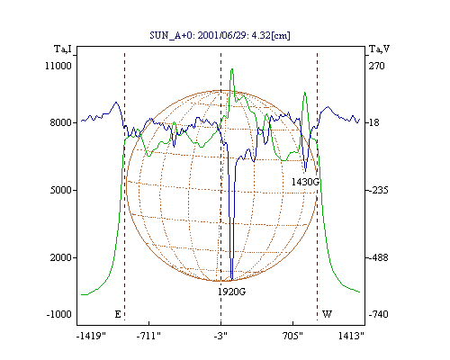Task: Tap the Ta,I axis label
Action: point(63,49)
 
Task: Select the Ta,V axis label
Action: point(379,49)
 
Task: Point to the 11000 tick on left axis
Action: point(58,66)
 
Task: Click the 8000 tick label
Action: point(60,122)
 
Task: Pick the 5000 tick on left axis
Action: point(60,190)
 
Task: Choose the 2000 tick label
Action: point(60,257)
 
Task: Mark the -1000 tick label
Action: point(59,314)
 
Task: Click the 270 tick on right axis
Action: point(376,66)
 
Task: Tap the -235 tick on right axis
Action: point(378,190)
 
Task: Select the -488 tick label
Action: point(378,257)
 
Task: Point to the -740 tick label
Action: point(378,314)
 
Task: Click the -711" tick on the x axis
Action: point(148,336)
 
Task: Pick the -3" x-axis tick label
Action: point(220,336)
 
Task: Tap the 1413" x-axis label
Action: point(351,336)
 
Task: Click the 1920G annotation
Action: point(231,292)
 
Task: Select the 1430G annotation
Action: point(305,182)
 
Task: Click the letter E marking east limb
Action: point(118,314)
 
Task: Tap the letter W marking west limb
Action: point(327,314)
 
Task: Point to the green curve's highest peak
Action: point(232,69)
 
